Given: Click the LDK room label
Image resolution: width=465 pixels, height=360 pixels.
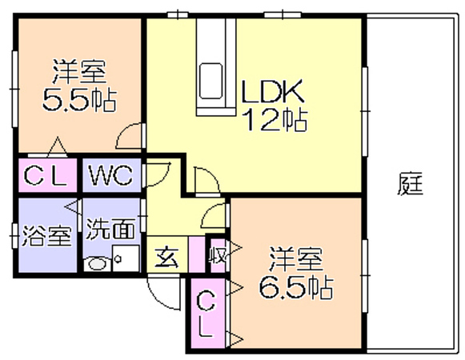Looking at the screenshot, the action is (273, 91).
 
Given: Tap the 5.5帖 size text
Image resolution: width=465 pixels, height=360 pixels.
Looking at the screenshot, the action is (79, 99).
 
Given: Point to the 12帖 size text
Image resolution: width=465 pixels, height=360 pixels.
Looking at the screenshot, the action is (275, 119).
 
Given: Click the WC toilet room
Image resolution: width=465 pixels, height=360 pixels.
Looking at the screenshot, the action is (111, 175).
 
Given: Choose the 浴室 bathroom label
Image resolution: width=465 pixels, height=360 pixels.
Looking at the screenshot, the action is (47, 236).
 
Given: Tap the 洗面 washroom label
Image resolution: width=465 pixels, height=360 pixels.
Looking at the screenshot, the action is (110, 229).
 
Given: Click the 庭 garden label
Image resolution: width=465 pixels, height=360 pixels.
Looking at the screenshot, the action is (410, 184).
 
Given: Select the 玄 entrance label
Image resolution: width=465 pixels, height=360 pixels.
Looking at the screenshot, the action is (167, 257).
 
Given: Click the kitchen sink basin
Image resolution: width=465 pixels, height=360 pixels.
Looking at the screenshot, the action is (210, 81).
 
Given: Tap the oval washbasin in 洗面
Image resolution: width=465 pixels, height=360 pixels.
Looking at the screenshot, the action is (98, 264).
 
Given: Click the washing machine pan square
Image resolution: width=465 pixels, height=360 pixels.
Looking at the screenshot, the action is (126, 258).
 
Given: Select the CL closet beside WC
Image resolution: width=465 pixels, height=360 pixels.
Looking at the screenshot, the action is (47, 175).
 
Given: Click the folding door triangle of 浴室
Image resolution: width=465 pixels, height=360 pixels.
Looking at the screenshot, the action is (73, 207).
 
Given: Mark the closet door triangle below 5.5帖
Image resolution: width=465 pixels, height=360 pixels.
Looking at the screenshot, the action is (58, 146).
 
